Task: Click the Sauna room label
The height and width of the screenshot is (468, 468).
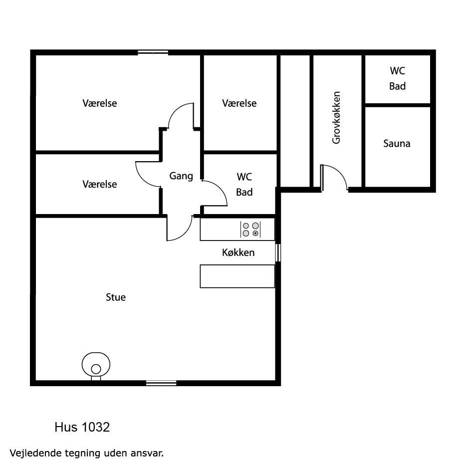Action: pyautogui.click(x=397, y=144)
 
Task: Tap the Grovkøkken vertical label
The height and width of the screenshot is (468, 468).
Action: pyautogui.click(x=336, y=118)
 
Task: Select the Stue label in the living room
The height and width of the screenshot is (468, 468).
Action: pyautogui.click(x=116, y=297)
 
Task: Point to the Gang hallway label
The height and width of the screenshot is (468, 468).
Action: pyautogui.click(x=181, y=176)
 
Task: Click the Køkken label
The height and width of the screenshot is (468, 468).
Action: pyautogui.click(x=238, y=252)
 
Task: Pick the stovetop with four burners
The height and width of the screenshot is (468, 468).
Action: pyautogui.click(x=250, y=230)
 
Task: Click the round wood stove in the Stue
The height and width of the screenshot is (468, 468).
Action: pyautogui.click(x=96, y=366)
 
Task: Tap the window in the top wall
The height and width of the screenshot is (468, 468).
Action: pyautogui.click(x=153, y=53)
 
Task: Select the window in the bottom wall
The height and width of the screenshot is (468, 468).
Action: pyautogui.click(x=161, y=383)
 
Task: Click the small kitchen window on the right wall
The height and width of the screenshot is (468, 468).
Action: pyautogui.click(x=278, y=252)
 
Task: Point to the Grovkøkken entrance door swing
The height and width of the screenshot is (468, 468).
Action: pyautogui.click(x=335, y=177)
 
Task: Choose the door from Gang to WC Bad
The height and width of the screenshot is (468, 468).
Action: pyautogui.click(x=215, y=193)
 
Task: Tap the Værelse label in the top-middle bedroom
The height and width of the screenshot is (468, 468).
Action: pyautogui.click(x=239, y=103)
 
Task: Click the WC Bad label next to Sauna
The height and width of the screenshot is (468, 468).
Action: pyautogui.click(x=398, y=78)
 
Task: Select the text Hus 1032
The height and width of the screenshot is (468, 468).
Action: pyautogui.click(x=82, y=427)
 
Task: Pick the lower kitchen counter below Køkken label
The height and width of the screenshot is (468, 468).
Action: pyautogui.click(x=237, y=276)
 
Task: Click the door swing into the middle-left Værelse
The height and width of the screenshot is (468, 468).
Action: pyautogui.click(x=148, y=175)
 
